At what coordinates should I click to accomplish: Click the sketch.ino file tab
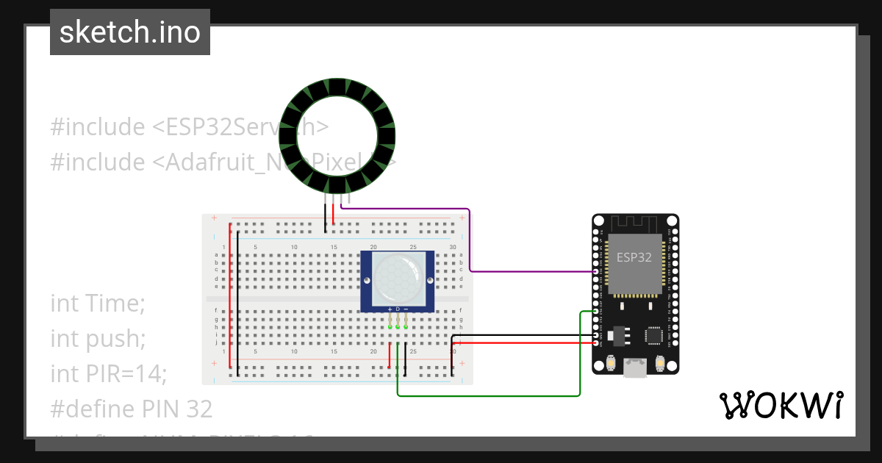coord(130,32)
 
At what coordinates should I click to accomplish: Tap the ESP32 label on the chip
coord(634,258)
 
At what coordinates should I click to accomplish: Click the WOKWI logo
coord(781,405)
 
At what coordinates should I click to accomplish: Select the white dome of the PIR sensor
coord(398,280)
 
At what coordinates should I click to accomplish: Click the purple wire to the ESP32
coord(470,243)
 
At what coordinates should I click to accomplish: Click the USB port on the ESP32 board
coord(636,367)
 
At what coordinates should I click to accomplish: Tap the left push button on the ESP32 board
coord(611,362)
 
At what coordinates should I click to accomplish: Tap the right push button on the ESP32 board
coord(660,362)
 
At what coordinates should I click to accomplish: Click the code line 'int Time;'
coord(98,303)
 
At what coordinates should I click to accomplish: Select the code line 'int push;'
coord(98,338)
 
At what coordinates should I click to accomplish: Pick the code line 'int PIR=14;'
coord(109,373)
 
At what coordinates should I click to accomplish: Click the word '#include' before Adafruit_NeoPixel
coord(98,162)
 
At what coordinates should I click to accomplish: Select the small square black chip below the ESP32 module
coord(653,336)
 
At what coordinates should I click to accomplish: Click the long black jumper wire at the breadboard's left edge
coord(238,301)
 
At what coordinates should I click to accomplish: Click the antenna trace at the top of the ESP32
coord(634,222)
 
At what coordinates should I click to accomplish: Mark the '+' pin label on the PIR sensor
coord(390,309)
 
